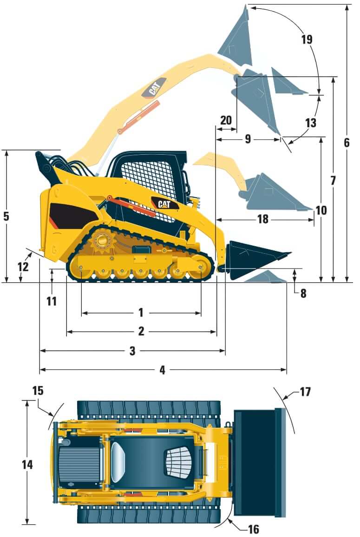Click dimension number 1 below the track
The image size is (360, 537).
[x=141, y=313]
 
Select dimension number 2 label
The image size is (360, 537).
[x=141, y=331]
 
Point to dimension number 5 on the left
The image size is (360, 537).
[x=6, y=216]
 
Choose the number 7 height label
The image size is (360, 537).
[x=333, y=181]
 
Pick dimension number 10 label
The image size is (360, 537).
[x=321, y=210]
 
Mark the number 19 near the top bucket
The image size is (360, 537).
[x=307, y=39]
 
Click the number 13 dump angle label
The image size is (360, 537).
[x=310, y=123]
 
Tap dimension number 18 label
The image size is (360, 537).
[x=263, y=219]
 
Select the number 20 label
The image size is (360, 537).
[x=226, y=120]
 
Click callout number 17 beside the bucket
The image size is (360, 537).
[x=305, y=392]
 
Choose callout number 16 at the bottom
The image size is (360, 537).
[x=253, y=529]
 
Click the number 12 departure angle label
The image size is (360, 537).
[x=23, y=266]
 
